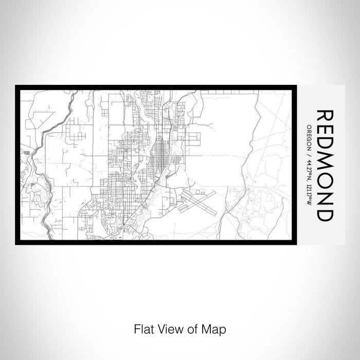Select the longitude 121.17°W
point(308,195)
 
